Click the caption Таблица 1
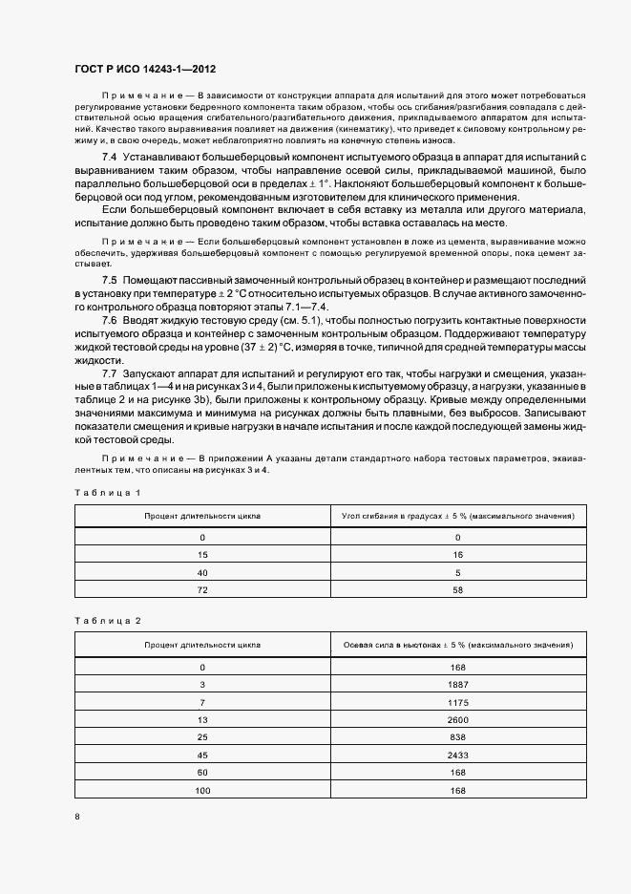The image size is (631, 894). click(x=107, y=492)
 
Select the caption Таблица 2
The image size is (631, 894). click(x=107, y=621)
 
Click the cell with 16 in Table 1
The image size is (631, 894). click(x=457, y=555)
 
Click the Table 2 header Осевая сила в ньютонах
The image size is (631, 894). click(x=457, y=646)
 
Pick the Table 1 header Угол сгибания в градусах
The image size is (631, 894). click(x=457, y=516)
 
